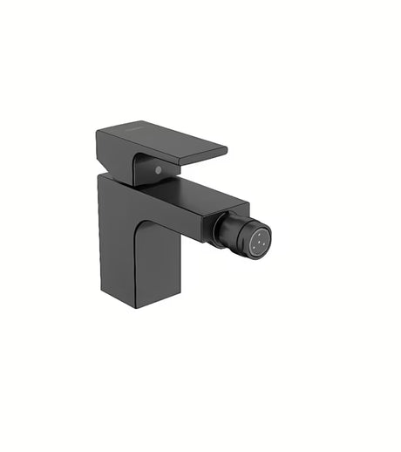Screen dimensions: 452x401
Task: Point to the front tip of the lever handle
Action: tap(224, 151)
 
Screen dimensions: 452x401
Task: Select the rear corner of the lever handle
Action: tap(99, 134)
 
